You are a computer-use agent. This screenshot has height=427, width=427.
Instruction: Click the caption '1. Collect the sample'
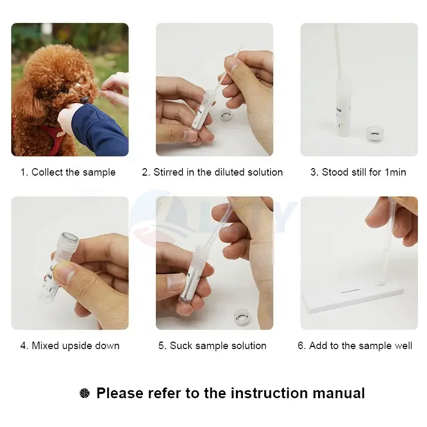coord(68,172)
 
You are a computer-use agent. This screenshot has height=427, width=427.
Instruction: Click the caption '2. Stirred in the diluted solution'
coord(212,172)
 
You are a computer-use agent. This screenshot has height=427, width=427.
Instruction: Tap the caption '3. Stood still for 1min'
coord(358,172)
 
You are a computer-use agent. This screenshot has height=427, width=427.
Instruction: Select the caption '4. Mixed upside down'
coord(70,345)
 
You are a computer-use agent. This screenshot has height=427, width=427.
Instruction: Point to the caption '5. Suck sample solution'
coord(212,345)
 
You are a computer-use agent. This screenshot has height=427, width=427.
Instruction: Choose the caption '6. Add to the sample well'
coord(355,345)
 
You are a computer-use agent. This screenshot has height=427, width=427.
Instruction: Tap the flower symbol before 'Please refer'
coord(84,394)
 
